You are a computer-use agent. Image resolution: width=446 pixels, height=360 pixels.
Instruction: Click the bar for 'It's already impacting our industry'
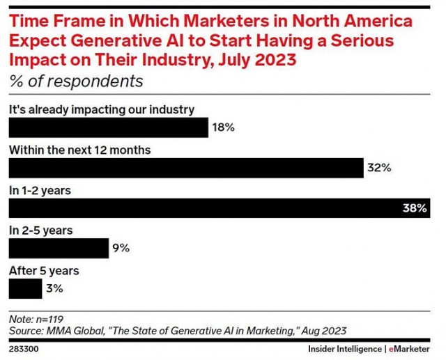[x=108, y=127]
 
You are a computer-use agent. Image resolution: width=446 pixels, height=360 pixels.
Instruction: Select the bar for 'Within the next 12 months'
[x=185, y=168]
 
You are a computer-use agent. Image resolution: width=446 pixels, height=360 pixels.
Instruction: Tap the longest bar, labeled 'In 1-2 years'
[x=217, y=208]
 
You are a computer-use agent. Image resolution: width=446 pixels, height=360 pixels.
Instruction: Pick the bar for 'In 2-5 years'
[x=59, y=248]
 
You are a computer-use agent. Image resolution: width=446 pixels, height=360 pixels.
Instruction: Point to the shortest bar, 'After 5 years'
[x=25, y=288]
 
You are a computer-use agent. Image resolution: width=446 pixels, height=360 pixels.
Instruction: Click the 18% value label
[x=223, y=127]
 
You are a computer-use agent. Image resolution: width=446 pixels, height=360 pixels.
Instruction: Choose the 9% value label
[x=121, y=248]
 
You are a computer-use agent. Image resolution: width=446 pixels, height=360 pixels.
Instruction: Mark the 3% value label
[x=54, y=288]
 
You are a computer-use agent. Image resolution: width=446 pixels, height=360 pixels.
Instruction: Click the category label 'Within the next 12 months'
[x=79, y=149]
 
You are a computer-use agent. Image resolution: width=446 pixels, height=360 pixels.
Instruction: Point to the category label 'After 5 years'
[x=43, y=269]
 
